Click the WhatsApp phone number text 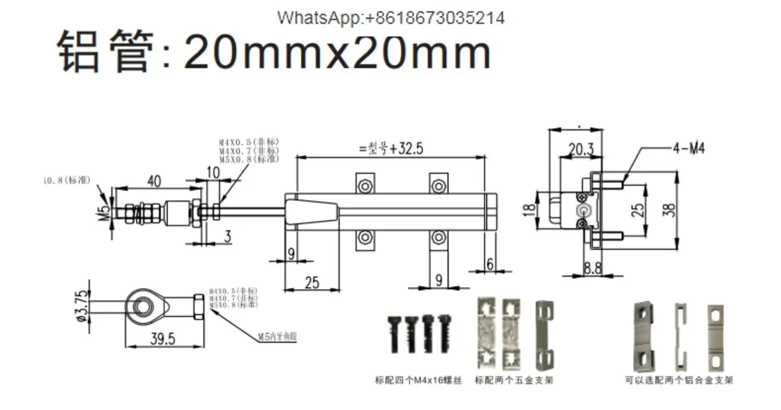[x=391, y=18]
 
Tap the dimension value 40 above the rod [x=154, y=181]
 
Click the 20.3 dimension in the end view [x=581, y=149]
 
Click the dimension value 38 [x=671, y=210]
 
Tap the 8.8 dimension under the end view [x=593, y=268]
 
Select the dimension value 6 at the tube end [x=490, y=264]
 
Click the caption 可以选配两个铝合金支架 [x=679, y=380]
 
